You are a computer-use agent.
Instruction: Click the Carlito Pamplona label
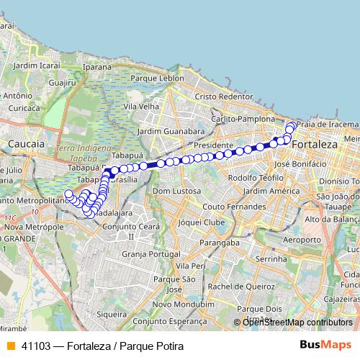(x=243, y=119)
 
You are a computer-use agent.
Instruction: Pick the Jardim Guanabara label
(x=170, y=132)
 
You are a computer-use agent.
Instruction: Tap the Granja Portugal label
(x=150, y=253)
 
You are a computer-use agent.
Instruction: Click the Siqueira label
(x=113, y=314)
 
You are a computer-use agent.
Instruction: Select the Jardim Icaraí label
(x=35, y=66)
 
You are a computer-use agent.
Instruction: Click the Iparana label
(x=99, y=66)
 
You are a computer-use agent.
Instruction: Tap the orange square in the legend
(x=9, y=346)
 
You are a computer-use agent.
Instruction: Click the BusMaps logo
(x=326, y=346)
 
